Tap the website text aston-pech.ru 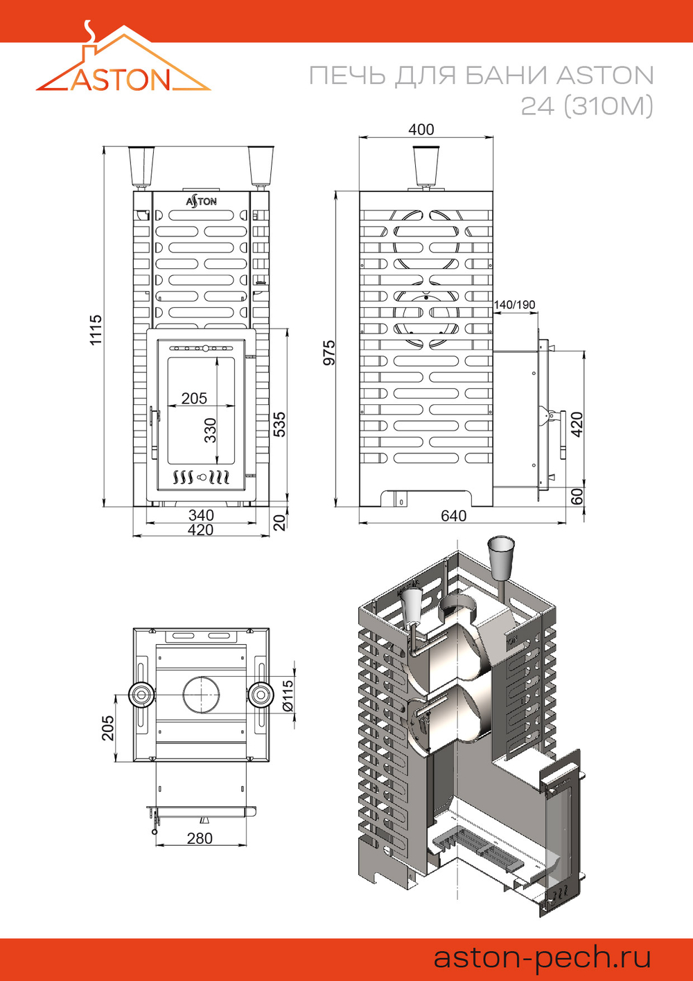point(542,957)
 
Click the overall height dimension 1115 point(96,329)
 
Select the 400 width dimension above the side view point(421,130)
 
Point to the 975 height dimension point(329,353)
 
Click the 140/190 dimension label point(514,305)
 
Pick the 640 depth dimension point(454,516)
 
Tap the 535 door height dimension point(279,424)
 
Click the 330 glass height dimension point(210,430)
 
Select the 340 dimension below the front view point(201,515)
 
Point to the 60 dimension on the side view point(577,496)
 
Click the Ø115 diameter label point(288,695)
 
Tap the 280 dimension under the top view point(200,838)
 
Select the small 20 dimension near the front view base point(279,522)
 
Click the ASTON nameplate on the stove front point(201,201)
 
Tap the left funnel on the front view point(141,165)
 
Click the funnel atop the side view point(426,165)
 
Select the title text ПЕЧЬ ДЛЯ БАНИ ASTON point(481,76)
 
